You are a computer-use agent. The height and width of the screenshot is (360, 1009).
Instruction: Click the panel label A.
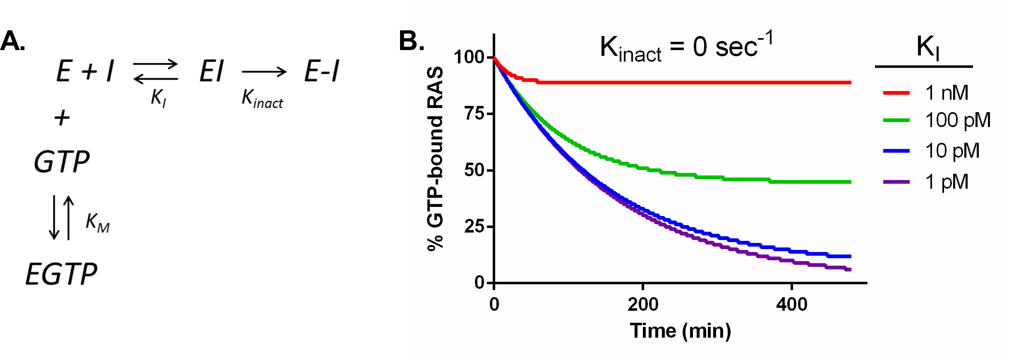[x=12, y=41]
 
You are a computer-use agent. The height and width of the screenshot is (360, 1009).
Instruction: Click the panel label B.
[x=411, y=41]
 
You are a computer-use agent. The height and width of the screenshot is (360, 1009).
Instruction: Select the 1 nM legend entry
[x=947, y=93]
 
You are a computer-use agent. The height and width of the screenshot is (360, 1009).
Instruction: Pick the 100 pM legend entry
[x=957, y=120]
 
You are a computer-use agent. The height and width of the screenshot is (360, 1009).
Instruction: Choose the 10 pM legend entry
[x=952, y=151]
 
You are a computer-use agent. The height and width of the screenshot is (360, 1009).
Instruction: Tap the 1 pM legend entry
[x=947, y=182]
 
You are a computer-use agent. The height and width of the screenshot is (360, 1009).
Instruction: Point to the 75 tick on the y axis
[x=475, y=113]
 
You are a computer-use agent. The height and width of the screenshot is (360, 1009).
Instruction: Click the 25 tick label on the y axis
[x=475, y=227]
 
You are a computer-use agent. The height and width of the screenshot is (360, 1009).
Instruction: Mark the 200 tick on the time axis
[x=642, y=305]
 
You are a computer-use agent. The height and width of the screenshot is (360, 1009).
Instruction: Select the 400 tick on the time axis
[x=791, y=305]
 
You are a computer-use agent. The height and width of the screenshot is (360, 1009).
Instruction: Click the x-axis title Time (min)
[x=680, y=331]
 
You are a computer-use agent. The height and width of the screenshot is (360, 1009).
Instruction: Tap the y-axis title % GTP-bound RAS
[x=436, y=159]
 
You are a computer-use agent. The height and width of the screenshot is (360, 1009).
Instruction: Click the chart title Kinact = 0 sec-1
[x=686, y=47]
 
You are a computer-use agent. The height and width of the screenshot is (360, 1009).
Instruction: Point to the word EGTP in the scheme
[x=61, y=274]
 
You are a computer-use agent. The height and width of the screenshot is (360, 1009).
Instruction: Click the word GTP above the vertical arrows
[x=61, y=162]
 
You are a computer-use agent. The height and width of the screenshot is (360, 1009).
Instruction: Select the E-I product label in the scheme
[x=322, y=71]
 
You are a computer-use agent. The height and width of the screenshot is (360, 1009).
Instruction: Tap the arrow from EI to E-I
[x=264, y=72]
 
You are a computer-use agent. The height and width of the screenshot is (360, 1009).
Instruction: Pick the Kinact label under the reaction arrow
[x=262, y=99]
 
